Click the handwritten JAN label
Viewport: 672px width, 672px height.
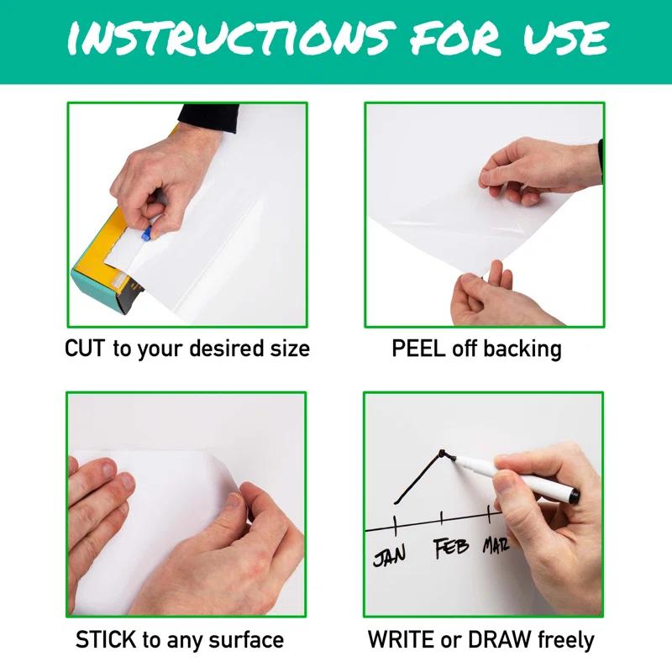(x=390, y=555)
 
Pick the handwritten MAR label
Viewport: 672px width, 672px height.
(x=496, y=547)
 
